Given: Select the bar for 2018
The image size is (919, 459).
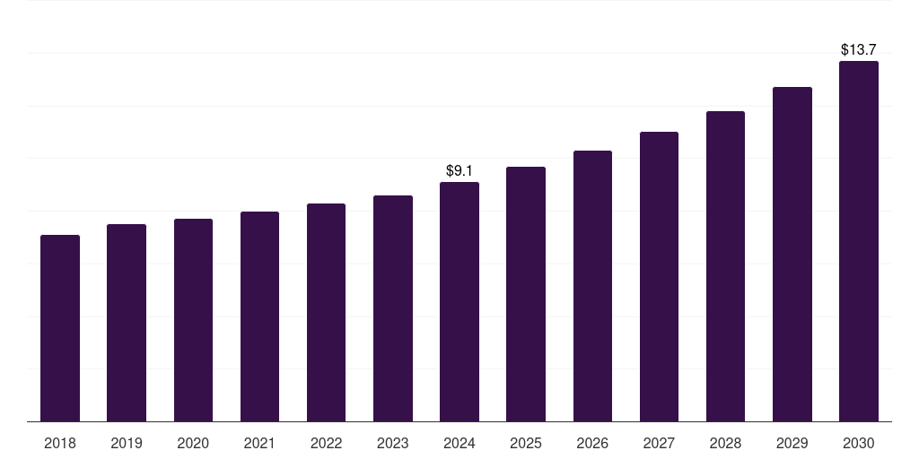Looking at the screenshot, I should pos(60,328).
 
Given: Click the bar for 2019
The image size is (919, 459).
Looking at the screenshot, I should pos(127,323).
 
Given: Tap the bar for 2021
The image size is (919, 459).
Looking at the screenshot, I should pos(259,316).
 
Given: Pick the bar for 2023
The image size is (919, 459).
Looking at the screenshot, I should pos(393,308).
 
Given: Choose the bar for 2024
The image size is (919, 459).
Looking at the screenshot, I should pos(459,302).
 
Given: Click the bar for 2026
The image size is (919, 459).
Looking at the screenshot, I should pos(592,286).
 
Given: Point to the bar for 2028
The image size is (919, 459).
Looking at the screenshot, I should pos(725,266).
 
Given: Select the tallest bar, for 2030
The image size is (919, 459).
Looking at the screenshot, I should pos(859,241).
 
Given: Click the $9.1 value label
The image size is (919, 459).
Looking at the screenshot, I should pos(459,170).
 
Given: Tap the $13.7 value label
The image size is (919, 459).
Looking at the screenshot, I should pos(859,49).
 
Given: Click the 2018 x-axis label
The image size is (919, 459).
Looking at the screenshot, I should pos(60,443).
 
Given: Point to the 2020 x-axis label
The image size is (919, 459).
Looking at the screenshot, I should pos(193,443).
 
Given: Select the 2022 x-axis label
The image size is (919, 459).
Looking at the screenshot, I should pos(326,443).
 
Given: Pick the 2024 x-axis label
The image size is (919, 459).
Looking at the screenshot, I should pos(459,443).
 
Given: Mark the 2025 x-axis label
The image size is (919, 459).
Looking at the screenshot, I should pos(526,443).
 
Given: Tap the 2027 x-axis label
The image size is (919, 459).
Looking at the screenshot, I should pos(659,443).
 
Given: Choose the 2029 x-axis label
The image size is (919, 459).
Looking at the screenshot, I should pos(792,443).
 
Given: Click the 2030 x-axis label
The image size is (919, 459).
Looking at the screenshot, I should pos(859,443).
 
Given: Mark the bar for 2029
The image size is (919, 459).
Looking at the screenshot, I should pos(792,255).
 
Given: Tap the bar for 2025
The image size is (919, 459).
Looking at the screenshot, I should pos(526,294).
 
